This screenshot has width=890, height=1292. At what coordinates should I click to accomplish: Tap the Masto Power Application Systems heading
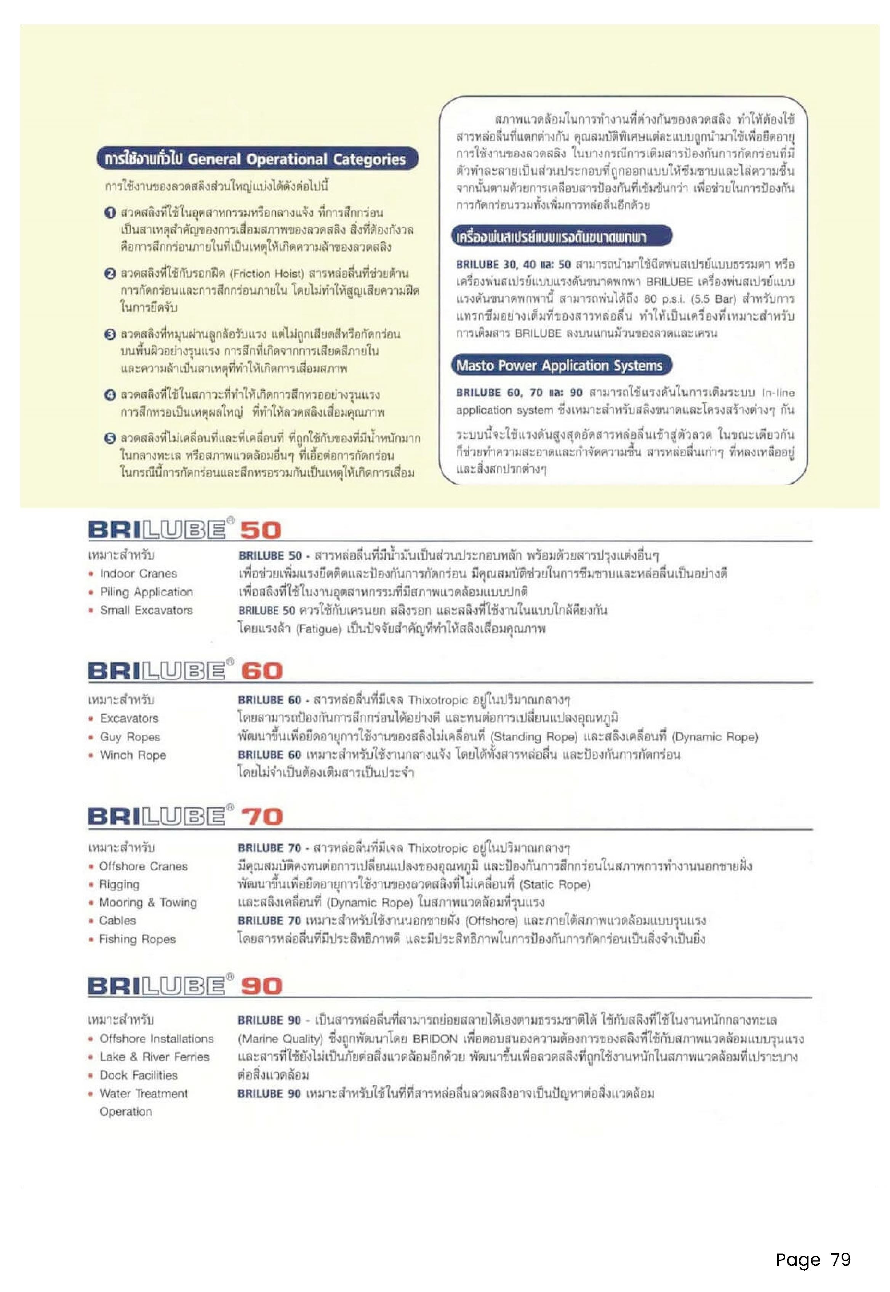(560, 366)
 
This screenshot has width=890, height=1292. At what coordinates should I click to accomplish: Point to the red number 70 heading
(261, 818)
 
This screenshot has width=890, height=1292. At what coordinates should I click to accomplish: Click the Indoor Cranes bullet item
(138, 574)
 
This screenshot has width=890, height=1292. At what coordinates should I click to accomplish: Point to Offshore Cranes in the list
(143, 866)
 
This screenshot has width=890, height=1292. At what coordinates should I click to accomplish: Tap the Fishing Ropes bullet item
(137, 939)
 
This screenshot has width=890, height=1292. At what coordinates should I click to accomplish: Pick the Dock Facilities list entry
(138, 1075)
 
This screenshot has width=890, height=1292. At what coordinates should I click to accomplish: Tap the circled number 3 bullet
(110, 334)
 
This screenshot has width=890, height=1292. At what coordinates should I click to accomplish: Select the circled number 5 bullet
(110, 439)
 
